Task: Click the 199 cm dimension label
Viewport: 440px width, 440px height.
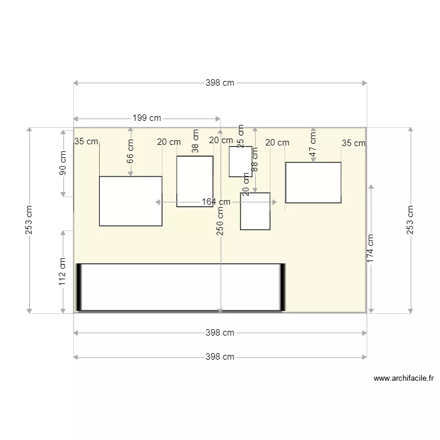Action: click(x=147, y=118)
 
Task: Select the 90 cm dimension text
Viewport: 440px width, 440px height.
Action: click(x=63, y=163)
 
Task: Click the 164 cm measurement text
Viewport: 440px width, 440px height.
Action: click(x=216, y=202)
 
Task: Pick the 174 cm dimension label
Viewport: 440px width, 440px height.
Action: click(x=371, y=248)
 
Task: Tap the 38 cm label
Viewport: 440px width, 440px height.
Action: click(x=196, y=141)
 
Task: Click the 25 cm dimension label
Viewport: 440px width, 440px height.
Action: click(x=240, y=134)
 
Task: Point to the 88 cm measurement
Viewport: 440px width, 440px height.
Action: click(x=255, y=158)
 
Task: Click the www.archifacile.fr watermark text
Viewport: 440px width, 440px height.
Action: click(x=404, y=379)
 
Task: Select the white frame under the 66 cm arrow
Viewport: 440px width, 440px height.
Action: click(x=130, y=201)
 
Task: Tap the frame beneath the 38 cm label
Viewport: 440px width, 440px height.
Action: click(x=195, y=181)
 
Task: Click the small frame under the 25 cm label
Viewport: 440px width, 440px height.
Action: click(x=240, y=161)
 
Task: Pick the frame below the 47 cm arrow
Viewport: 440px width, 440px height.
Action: click(x=313, y=182)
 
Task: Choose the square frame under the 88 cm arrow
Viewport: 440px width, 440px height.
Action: click(x=255, y=211)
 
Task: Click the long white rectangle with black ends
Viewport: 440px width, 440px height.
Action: click(x=181, y=287)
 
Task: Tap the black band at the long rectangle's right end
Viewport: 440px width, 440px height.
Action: click(x=282, y=287)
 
